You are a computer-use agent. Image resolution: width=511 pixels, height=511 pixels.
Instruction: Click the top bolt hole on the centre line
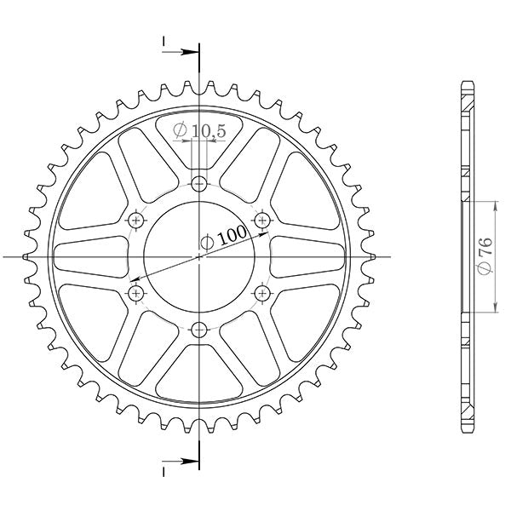[199, 182]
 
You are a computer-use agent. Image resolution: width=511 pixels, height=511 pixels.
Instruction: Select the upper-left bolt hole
[135, 220]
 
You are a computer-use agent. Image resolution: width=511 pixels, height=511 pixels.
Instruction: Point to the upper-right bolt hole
[262, 220]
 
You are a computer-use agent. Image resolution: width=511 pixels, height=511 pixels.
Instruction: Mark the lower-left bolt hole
[135, 293]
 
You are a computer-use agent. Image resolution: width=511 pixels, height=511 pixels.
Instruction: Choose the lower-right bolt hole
[262, 293]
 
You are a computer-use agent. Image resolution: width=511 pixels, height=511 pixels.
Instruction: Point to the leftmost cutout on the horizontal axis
[89, 256]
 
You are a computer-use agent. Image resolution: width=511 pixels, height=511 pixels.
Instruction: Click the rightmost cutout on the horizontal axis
[308, 256]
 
